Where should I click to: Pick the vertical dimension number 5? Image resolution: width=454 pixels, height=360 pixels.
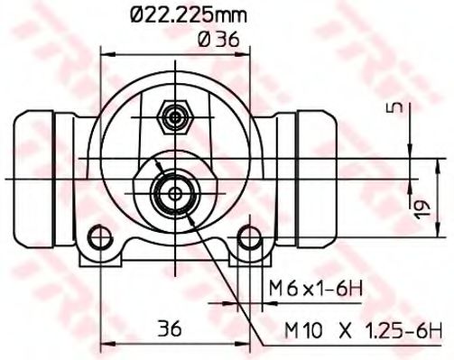(x=394, y=109)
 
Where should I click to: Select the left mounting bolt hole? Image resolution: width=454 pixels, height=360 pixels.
(x=97, y=242)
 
